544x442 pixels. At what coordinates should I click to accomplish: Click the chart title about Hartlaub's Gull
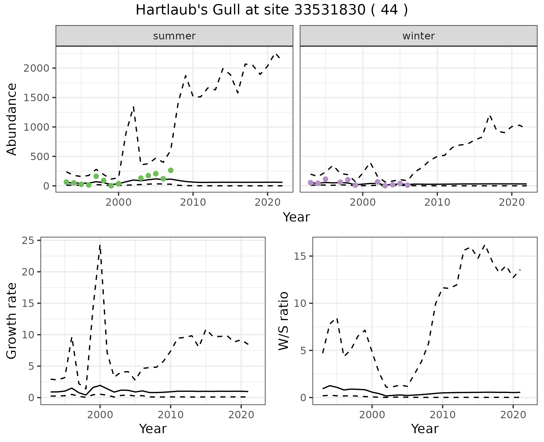tap(272, 10)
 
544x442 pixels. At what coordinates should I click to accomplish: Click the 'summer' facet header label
tap(174, 36)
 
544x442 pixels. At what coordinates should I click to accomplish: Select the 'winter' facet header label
tap(418, 36)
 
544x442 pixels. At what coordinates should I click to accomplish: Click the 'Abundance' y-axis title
tap(12, 119)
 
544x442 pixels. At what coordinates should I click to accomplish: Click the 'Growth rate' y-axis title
tap(12, 321)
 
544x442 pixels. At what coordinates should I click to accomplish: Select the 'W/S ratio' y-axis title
tap(284, 321)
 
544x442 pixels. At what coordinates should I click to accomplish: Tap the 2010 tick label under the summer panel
tap(193, 203)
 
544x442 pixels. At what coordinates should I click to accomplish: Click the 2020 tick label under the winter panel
tap(512, 203)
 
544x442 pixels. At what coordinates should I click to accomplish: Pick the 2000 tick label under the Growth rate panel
tap(100, 415)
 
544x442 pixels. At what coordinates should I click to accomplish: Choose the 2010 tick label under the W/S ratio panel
tap(442, 415)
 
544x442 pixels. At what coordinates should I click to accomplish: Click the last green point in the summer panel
tap(171, 170)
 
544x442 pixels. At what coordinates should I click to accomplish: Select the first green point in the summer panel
tap(66, 182)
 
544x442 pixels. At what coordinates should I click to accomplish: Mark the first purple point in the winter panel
tap(311, 183)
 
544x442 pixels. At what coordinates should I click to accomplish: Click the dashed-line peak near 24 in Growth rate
tap(100, 245)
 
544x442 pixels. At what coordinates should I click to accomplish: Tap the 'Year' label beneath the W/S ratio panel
tap(425, 429)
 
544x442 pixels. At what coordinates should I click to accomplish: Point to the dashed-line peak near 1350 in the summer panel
tap(133, 107)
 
